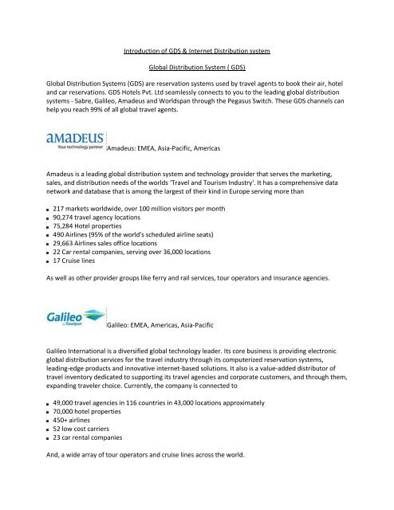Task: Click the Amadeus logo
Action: [x=75, y=136]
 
